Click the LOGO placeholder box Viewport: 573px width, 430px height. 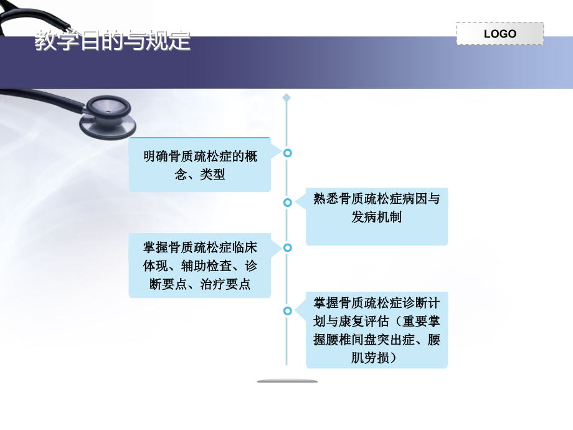coord(500,34)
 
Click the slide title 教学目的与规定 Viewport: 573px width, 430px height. coord(113,42)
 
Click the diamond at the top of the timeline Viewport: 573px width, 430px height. coord(286,98)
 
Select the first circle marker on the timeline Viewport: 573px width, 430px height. coord(287,153)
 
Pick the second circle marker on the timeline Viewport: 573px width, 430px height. coord(287,203)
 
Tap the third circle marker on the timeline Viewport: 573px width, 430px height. coord(287,247)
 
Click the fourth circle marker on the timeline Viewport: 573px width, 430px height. coord(287,310)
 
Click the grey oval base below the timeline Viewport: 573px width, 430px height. coord(287,381)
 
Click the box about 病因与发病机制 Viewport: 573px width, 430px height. coord(376,217)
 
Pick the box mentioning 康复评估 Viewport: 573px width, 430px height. coord(376,330)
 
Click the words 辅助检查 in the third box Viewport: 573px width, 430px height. coord(200,266)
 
